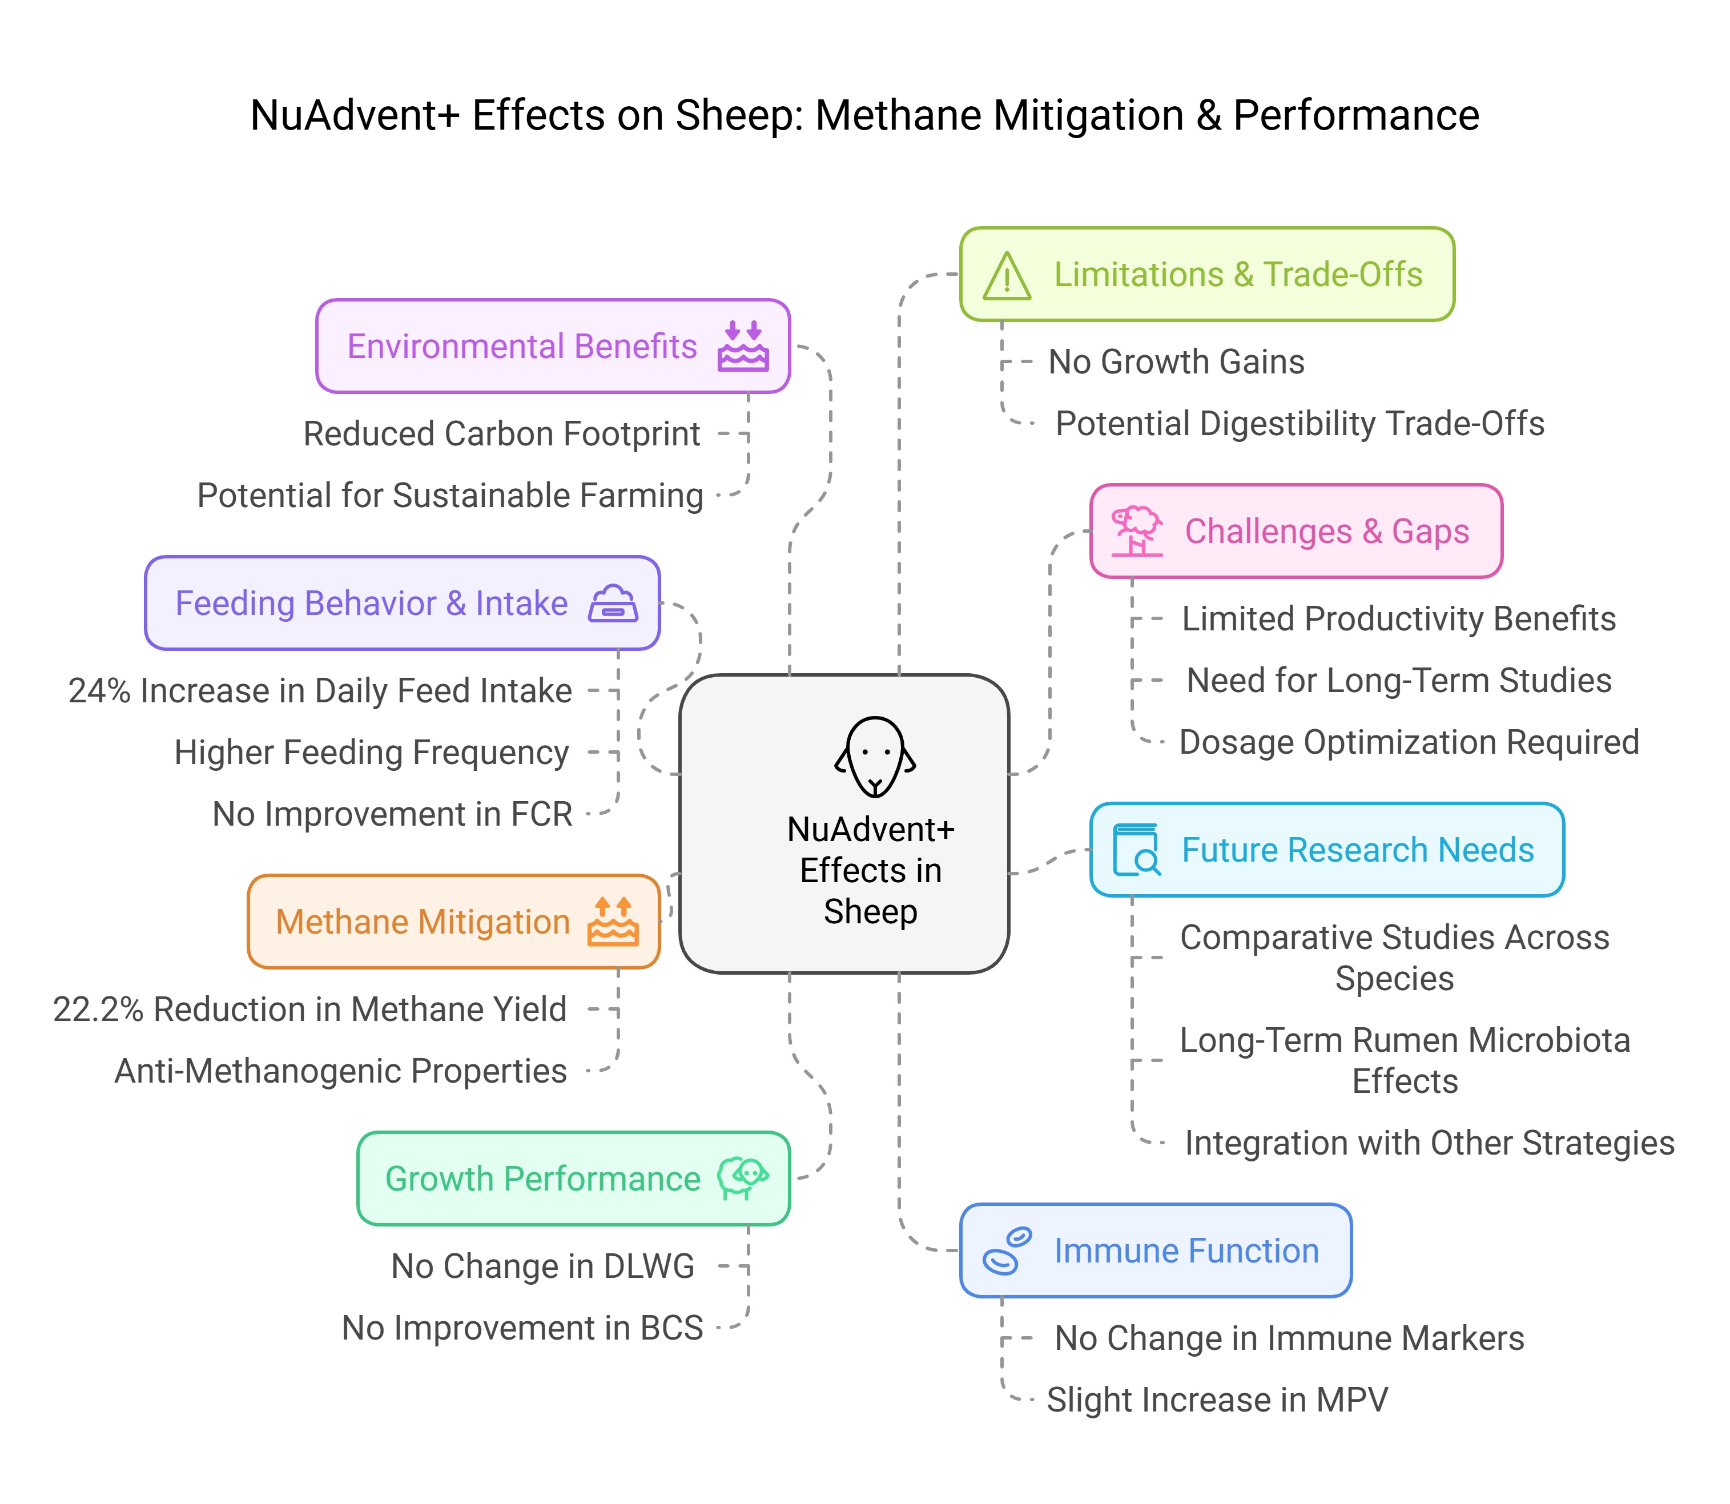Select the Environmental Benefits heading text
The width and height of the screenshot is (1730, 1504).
pos(521,347)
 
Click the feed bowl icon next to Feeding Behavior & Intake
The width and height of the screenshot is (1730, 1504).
pos(613,604)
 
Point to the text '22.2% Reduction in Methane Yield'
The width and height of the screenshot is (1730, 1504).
pos(309,1010)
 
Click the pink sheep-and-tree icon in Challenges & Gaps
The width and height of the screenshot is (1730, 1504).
pos(1137,531)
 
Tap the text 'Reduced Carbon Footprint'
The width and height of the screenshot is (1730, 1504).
pos(501,435)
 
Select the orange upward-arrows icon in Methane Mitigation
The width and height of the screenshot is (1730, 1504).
pos(613,922)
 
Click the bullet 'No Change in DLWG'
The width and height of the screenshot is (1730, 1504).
pos(542,1266)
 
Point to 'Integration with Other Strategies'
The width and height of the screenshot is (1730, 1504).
pos(1429,1143)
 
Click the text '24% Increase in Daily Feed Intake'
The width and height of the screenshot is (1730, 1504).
pos(320,691)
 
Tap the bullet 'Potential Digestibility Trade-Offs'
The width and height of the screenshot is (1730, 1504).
pos(1299,424)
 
